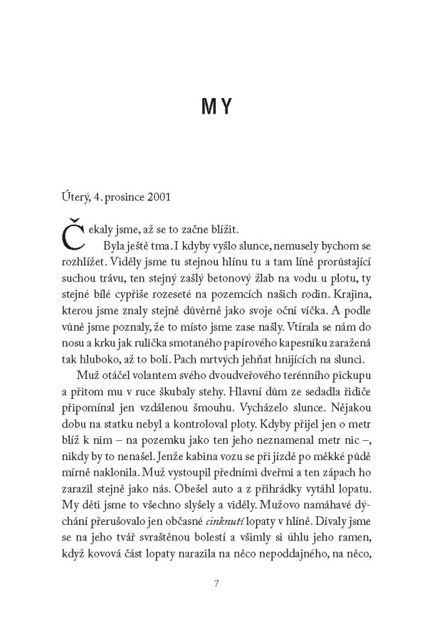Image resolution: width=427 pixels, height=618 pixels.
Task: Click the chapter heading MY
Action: (x=213, y=110)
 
